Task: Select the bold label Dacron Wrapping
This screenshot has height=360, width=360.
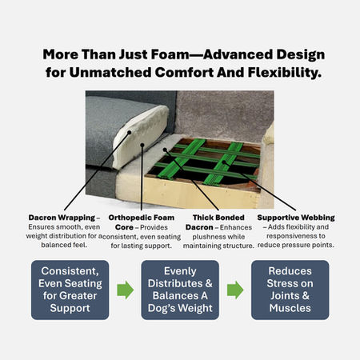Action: click(62, 218)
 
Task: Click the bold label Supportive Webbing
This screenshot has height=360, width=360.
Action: click(296, 218)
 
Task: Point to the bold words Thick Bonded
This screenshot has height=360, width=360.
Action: click(218, 218)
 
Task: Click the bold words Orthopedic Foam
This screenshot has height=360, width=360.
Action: click(142, 218)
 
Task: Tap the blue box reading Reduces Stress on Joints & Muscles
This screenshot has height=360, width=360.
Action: click(290, 290)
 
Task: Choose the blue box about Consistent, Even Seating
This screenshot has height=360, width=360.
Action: click(70, 290)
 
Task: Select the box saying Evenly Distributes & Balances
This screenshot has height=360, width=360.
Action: click(180, 290)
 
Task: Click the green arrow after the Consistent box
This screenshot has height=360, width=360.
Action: click(126, 290)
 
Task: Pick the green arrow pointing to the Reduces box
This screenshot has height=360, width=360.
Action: click(235, 290)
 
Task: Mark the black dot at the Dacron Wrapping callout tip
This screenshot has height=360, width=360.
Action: click(130, 132)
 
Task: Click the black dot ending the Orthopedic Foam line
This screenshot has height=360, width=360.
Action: click(142, 145)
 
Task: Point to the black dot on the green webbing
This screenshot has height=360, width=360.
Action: click(224, 162)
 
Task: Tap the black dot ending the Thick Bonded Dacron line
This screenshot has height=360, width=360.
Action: click(165, 150)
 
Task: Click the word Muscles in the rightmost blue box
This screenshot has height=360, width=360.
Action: click(290, 308)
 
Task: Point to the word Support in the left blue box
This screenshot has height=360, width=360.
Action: click(70, 308)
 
